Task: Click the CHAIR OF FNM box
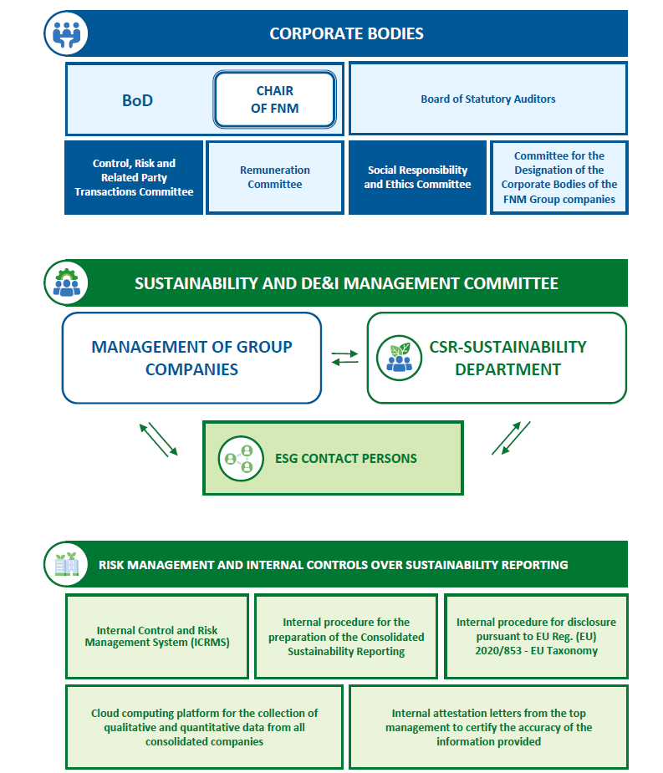275,99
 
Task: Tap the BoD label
137,100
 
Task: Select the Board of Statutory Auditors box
488,99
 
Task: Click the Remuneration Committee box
275,177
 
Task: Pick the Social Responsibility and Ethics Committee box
417,177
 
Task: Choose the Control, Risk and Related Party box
134,177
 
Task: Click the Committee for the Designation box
559,177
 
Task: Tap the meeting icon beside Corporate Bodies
66,33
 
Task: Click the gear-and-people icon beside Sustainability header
66,283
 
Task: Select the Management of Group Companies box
192,358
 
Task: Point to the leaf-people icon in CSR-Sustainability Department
399,358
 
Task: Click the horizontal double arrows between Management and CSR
344,358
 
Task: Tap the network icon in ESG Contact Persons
241,458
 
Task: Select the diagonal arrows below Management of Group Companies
158,440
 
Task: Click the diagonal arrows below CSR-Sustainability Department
511,438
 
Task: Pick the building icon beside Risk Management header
66,564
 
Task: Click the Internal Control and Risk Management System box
157,637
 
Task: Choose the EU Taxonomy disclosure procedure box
536,637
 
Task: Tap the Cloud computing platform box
204,727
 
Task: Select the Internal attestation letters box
488,727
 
